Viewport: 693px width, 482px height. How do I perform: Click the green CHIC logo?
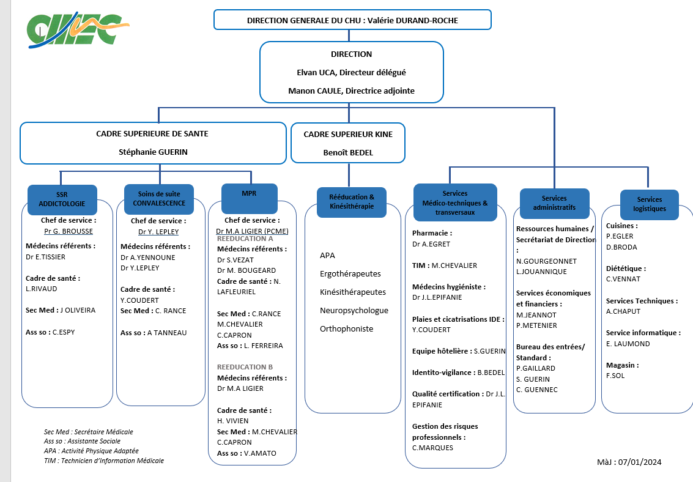tap(78, 29)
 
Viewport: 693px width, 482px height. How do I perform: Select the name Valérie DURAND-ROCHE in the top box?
tap(413, 20)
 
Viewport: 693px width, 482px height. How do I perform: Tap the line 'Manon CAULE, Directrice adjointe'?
tap(351, 91)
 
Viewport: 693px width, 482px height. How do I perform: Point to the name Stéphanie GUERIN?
tap(153, 152)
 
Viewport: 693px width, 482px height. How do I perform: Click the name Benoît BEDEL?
tap(348, 152)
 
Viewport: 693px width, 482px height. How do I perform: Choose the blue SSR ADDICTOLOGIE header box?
tap(62, 199)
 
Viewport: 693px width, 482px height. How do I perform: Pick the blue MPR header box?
tap(250, 198)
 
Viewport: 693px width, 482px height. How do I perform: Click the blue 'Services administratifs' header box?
tap(554, 203)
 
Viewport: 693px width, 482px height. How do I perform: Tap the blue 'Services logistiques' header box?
tap(649, 204)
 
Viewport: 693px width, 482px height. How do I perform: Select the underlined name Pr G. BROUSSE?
tap(69, 231)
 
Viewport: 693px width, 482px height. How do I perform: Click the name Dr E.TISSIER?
tap(45, 257)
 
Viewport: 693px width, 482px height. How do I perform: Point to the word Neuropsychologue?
tap(354, 311)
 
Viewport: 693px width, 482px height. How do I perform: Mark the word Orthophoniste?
tap(346, 328)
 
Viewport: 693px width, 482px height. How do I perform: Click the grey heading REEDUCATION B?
tap(245, 367)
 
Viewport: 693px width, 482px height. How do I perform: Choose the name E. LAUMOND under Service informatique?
tap(628, 344)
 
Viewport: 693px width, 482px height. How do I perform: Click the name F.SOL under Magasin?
tap(615, 376)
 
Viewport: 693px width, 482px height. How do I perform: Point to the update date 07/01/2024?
tap(640, 462)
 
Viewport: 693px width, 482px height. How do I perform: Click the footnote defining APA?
tap(91, 451)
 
